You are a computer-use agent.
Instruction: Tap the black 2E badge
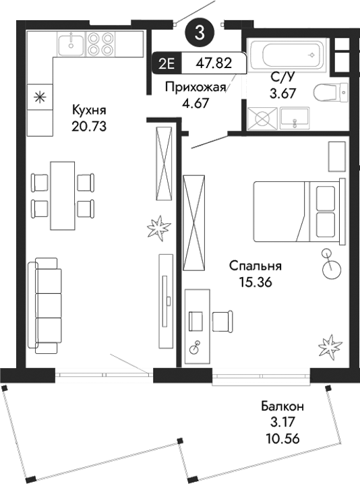coord(167,64)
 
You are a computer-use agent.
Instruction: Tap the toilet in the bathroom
coord(334,92)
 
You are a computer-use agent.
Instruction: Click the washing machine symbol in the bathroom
coord(261,119)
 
